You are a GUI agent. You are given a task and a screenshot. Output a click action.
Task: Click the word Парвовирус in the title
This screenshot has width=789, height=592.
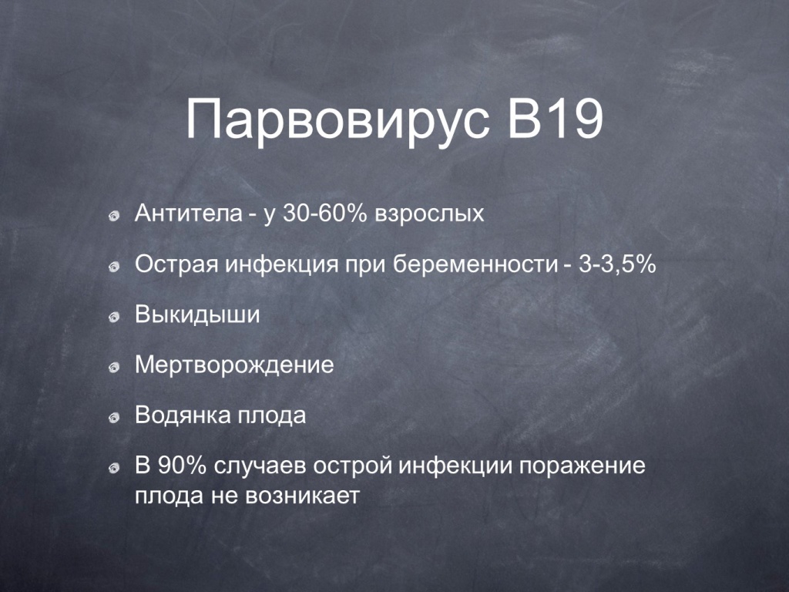pyautogui.click(x=337, y=121)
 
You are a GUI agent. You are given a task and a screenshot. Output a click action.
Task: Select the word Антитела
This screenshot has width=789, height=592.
pyautogui.click(x=189, y=214)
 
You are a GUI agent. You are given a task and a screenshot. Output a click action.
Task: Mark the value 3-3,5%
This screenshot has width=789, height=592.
pyautogui.click(x=617, y=264)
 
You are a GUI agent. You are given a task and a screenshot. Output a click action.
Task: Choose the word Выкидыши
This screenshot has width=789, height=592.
pyautogui.click(x=197, y=314)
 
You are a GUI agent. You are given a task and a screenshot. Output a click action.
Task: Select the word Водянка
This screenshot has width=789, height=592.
pyautogui.click(x=183, y=415)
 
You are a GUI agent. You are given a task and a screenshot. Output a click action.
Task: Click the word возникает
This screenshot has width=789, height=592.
pyautogui.click(x=302, y=496)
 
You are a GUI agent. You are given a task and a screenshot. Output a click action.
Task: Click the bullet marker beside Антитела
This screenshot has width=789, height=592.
pyautogui.click(x=114, y=217)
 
